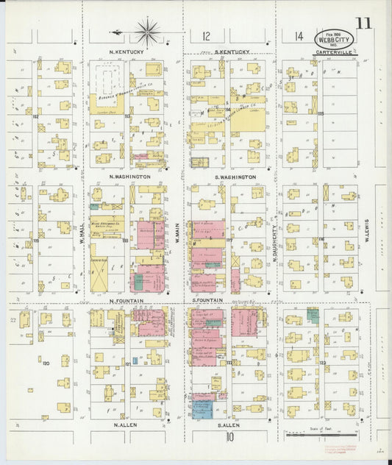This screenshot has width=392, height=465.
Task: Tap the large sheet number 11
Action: tap(363, 22)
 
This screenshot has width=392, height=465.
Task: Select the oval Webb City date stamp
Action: tap(334, 38)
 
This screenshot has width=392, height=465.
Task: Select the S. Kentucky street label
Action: tap(233, 52)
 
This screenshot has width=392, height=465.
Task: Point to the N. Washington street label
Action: tap(129, 177)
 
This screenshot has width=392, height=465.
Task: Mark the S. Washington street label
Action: tap(235, 177)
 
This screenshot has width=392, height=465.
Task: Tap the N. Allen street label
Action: tap(126, 425)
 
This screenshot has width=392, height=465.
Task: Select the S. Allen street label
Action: tap(231, 425)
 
